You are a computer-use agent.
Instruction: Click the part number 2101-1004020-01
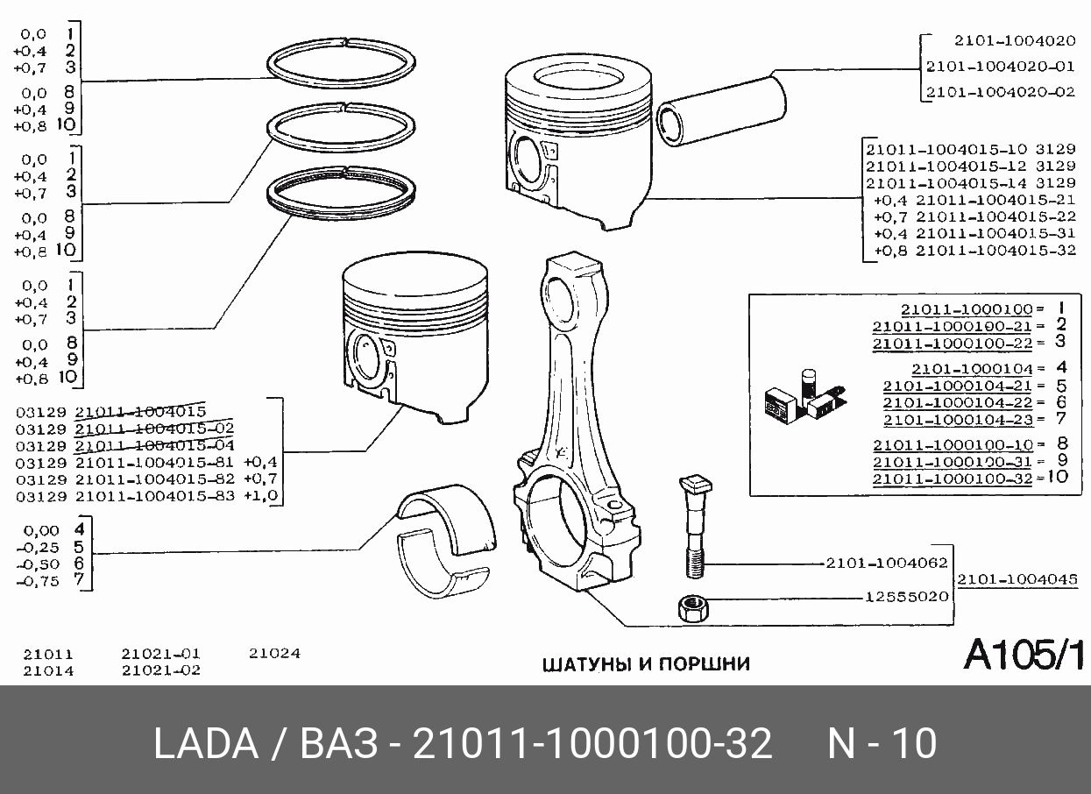click(x=1001, y=66)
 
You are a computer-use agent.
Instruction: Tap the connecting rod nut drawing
click(x=693, y=609)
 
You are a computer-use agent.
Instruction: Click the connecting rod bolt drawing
click(x=695, y=527)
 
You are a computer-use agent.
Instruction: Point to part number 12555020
click(x=906, y=597)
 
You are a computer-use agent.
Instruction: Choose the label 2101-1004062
click(x=887, y=564)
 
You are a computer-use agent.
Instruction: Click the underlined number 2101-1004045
click(x=1017, y=579)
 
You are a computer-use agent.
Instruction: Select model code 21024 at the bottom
click(x=274, y=653)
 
